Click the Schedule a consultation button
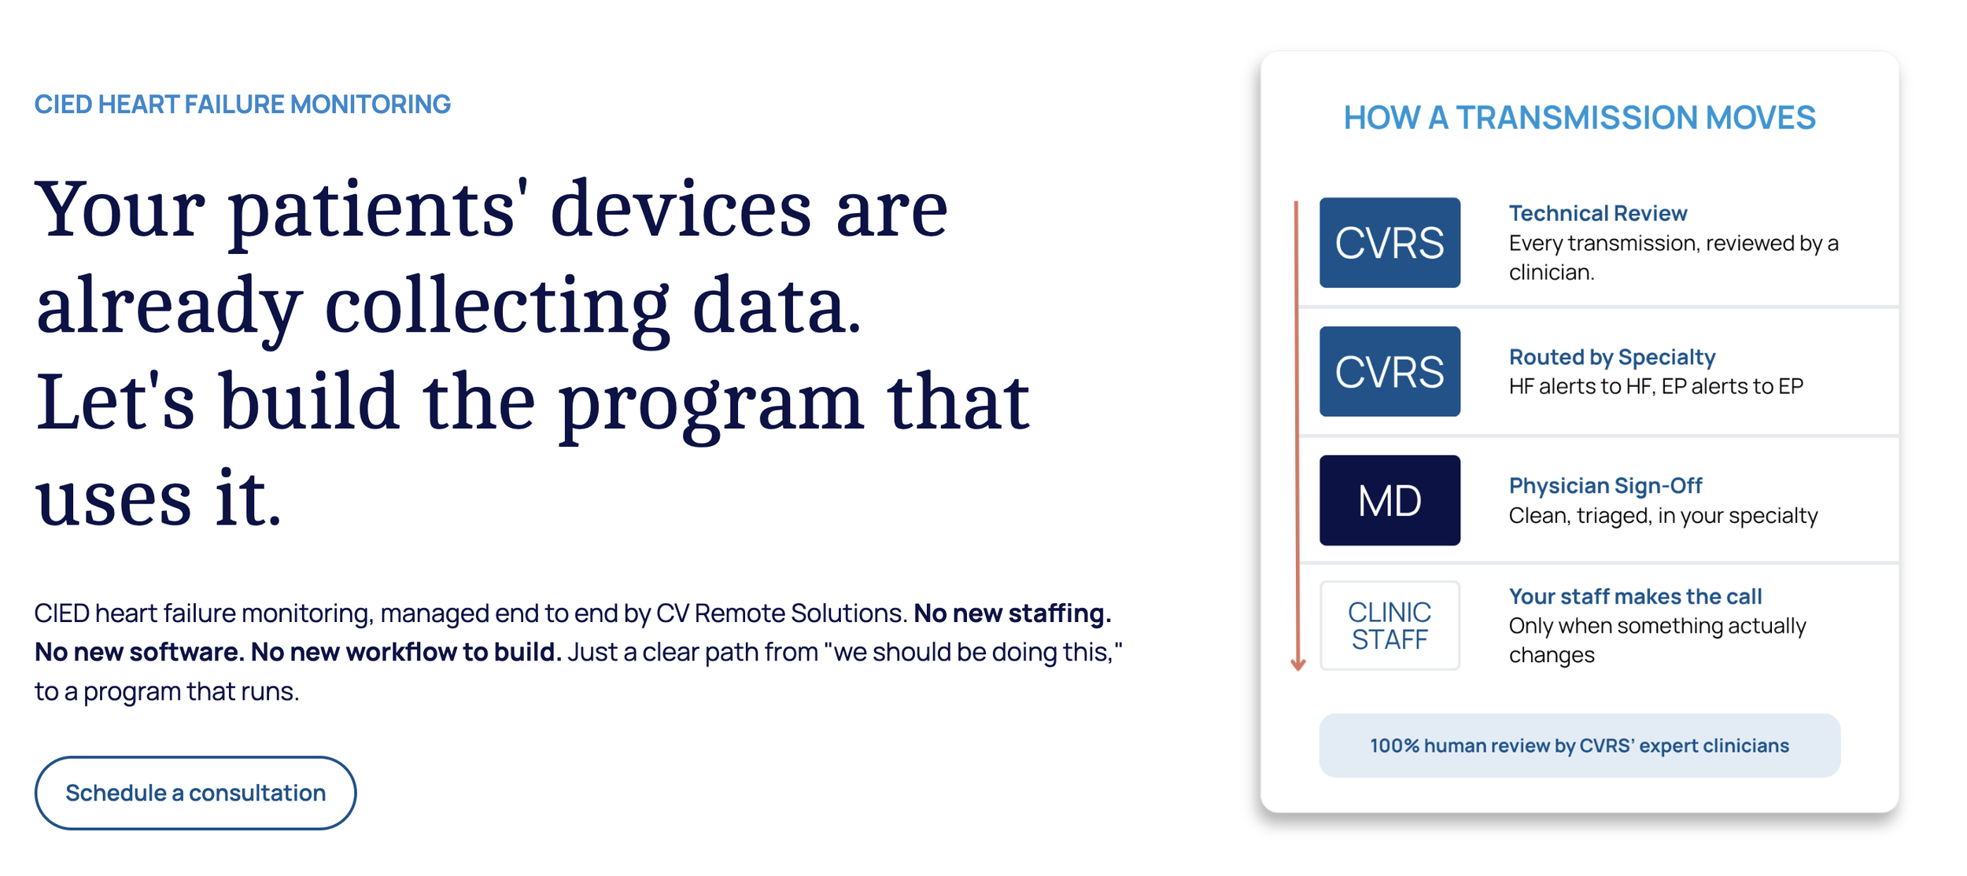tap(195, 793)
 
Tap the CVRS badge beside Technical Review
tap(1389, 242)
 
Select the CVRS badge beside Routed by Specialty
tap(1389, 371)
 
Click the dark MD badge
tap(1389, 500)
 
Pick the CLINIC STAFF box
tap(1389, 626)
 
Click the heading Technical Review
tap(1597, 213)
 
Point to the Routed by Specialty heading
tap(1611, 357)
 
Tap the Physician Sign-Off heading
tap(1605, 486)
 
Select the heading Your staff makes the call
tap(1635, 596)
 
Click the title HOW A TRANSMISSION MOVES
tap(1579, 118)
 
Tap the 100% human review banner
tap(1579, 745)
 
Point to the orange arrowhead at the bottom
tap(1298, 664)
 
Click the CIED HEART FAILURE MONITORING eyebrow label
tap(242, 104)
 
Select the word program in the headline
tap(710, 406)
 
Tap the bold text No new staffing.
tap(1012, 613)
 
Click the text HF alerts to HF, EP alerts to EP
tap(1655, 386)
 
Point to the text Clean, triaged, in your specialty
tap(1663, 516)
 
